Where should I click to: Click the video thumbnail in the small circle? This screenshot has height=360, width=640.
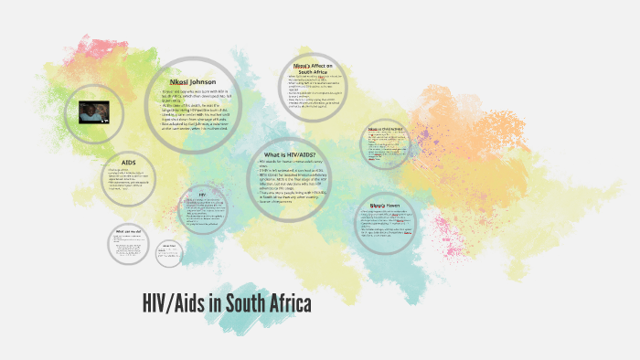pos(94,112)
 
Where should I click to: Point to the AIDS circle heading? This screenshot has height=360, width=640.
pos(128,161)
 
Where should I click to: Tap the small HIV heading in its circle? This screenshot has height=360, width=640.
pos(202,194)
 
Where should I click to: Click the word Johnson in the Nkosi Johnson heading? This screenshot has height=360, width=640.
pos(203,79)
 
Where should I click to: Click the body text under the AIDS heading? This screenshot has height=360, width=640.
pos(128,182)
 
